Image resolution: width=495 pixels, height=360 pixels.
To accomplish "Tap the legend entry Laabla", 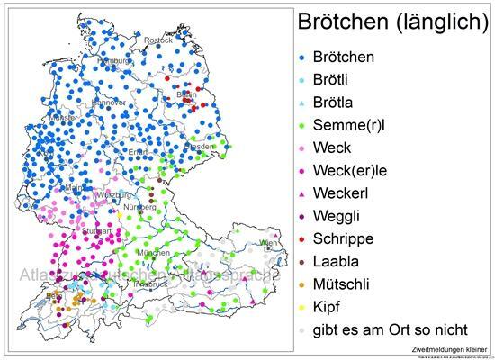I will [x=338, y=261].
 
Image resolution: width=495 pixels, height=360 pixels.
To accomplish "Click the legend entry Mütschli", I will [x=345, y=283].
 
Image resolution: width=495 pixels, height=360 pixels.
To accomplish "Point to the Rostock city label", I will [x=158, y=40].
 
